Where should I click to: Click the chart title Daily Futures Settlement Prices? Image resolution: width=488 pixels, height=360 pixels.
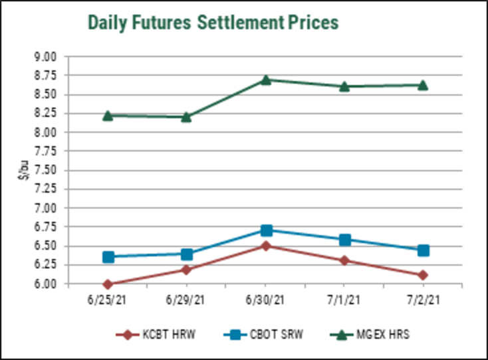point(213,23)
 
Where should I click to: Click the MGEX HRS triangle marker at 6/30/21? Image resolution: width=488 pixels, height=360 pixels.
point(266,80)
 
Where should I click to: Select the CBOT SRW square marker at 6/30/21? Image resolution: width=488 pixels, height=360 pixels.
point(266,230)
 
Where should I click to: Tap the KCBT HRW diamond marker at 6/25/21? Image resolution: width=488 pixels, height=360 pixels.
point(108,284)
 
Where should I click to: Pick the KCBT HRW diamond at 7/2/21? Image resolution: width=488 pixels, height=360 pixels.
point(423,275)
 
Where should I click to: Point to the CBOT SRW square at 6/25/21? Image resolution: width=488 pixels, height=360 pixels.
point(108,256)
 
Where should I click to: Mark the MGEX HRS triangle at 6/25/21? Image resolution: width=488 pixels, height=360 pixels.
point(108,115)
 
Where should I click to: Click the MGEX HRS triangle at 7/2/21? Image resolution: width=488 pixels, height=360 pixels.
point(423,84)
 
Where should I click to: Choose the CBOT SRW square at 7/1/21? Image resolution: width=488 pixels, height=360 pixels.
point(344,240)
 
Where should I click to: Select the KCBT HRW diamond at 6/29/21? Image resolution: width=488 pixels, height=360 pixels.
point(187,270)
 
